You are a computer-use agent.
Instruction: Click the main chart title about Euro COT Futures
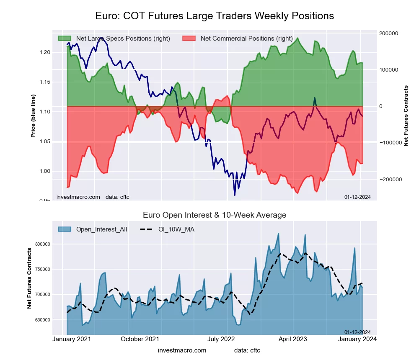click(215, 16)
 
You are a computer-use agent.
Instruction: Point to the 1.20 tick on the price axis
click(44, 52)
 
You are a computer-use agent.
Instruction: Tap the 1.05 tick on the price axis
click(44, 142)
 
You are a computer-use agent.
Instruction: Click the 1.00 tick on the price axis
click(44, 171)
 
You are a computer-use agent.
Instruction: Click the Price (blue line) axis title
click(33, 116)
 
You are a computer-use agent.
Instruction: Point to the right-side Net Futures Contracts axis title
click(406, 116)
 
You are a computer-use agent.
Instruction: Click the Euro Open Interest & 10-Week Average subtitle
click(215, 215)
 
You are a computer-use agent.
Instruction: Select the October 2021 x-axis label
click(140, 339)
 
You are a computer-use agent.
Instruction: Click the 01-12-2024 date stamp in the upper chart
click(357, 197)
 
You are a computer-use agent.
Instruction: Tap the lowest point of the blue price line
click(235, 195)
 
